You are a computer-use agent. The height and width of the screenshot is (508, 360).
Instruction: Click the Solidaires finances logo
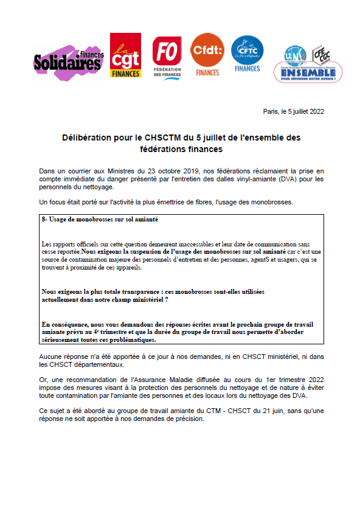(68, 60)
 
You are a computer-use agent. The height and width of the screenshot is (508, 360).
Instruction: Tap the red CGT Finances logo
(125, 55)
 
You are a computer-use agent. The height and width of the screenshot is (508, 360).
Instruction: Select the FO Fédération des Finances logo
(167, 57)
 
